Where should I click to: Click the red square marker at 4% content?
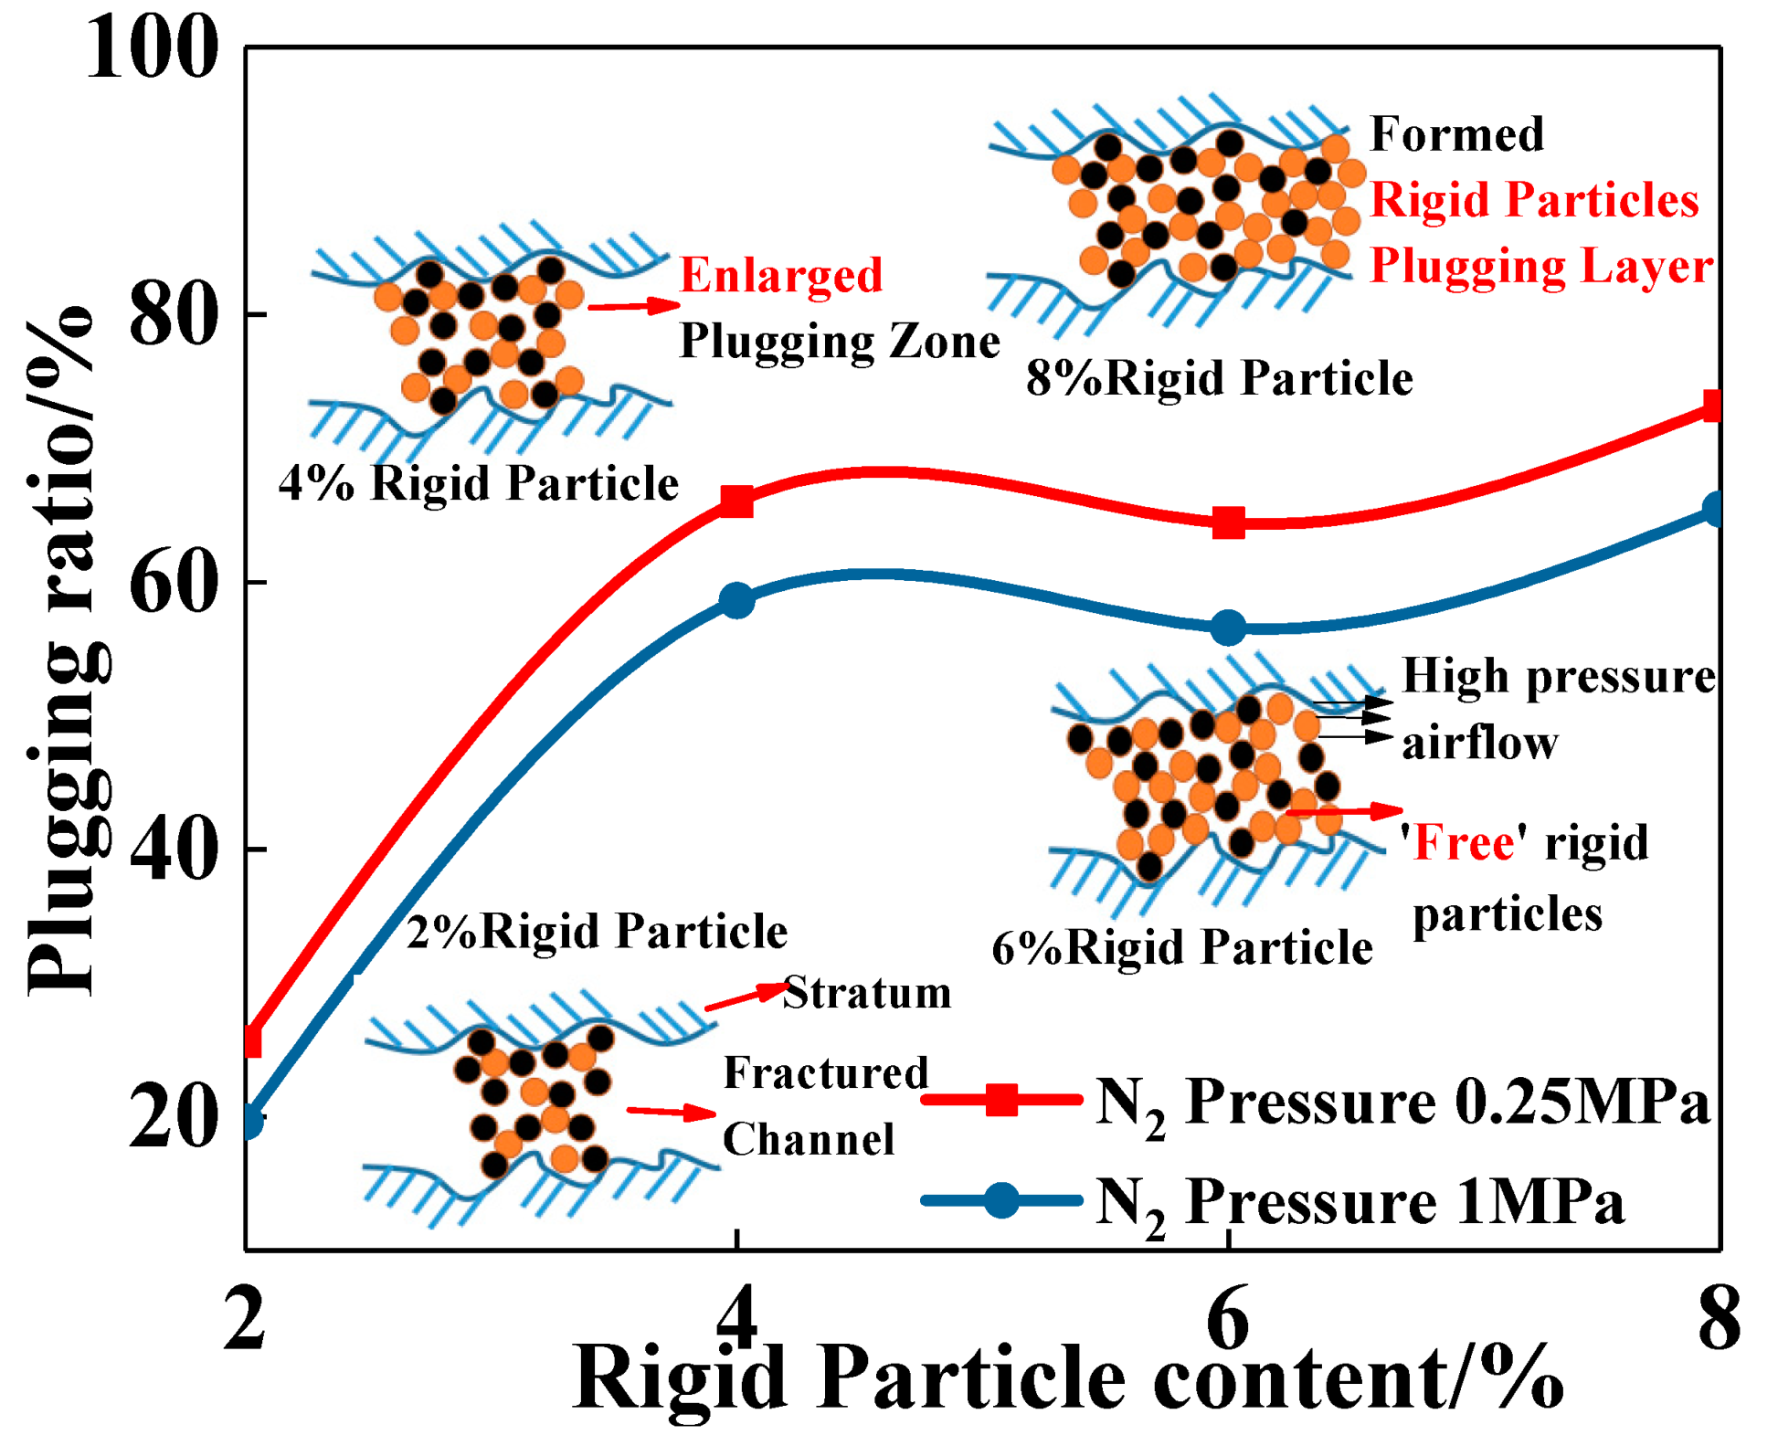[736, 501]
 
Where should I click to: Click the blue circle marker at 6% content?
[1228, 628]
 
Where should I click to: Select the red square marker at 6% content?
[1228, 523]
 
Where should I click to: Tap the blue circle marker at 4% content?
[736, 601]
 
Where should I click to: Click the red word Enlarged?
[781, 275]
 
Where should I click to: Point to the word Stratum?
[866, 992]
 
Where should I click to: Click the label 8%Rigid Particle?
[1219, 378]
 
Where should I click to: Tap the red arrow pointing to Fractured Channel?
[671, 1112]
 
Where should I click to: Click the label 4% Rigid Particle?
[479, 483]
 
